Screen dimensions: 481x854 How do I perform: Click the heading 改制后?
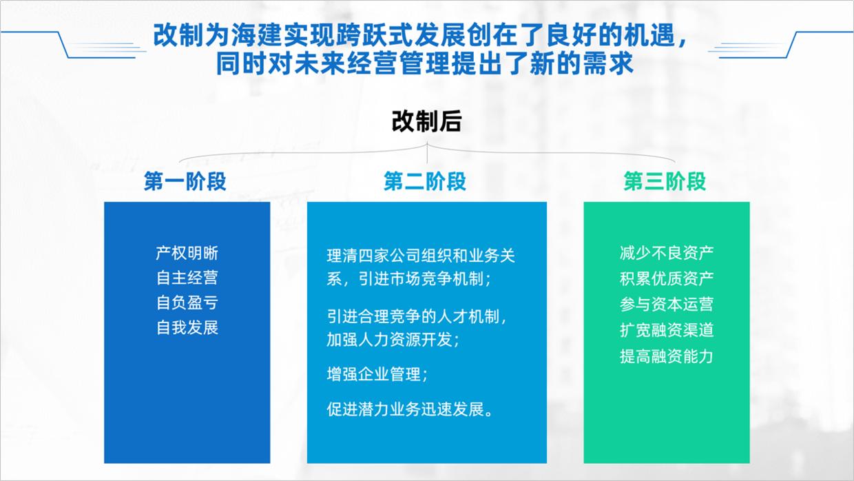426,122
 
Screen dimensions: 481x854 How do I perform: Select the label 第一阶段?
185,181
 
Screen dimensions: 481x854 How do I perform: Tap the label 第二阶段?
425,181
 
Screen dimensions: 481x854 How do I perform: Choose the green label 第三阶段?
665,181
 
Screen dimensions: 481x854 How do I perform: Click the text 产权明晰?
187,253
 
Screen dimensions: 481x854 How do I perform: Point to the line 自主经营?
187,277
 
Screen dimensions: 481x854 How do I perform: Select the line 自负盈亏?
187,302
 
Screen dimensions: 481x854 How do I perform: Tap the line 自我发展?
187,327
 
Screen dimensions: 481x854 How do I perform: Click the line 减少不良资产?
666,253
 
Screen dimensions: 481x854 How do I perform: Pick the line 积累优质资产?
666,278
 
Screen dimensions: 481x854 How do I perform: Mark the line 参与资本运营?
666,304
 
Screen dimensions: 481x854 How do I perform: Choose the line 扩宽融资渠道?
666,329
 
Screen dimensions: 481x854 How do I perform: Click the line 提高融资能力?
666,356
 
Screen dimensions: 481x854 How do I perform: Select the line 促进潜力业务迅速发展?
410,409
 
